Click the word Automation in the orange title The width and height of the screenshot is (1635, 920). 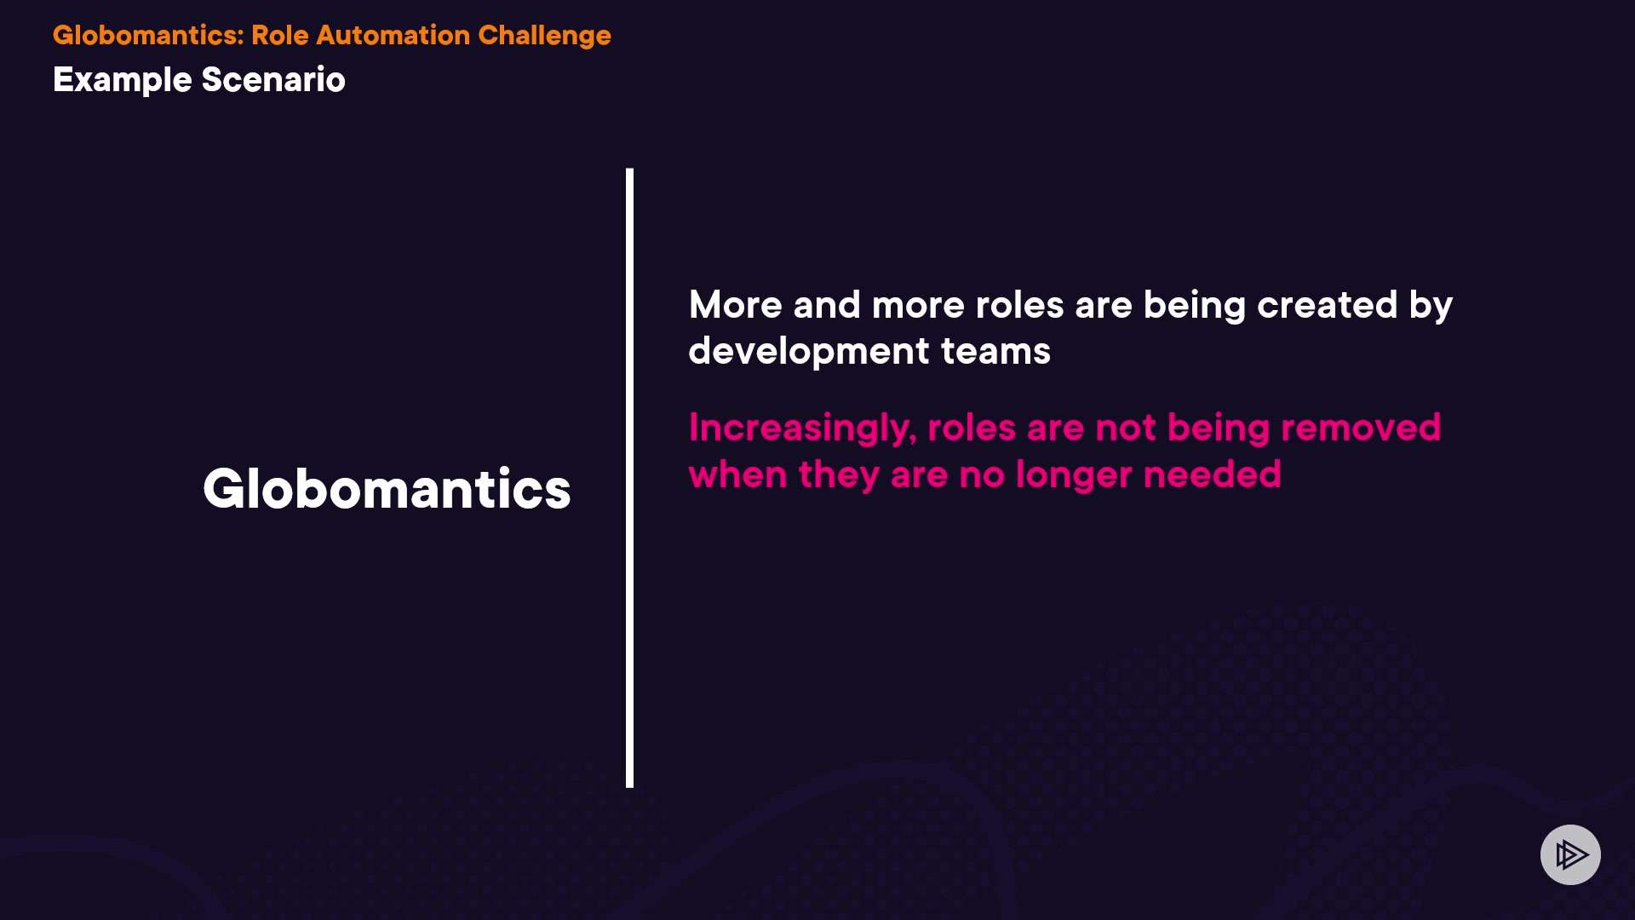[x=393, y=35]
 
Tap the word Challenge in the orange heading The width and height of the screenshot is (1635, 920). [x=544, y=36]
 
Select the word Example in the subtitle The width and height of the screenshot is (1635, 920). [x=123, y=80]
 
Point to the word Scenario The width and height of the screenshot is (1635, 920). [x=273, y=79]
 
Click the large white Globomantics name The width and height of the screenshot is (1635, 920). [x=387, y=489]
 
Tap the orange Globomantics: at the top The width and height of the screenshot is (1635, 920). [x=148, y=35]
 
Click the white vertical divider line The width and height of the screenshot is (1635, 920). [x=630, y=478]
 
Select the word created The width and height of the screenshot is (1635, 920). [x=1327, y=305]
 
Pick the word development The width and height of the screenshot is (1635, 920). [x=809, y=352]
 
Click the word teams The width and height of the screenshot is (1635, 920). [x=995, y=352]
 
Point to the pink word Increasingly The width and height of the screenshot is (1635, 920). [x=802, y=428]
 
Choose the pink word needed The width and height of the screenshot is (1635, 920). [x=1213, y=474]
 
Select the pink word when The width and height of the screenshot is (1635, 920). [x=737, y=474]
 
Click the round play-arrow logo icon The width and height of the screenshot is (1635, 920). [x=1570, y=854]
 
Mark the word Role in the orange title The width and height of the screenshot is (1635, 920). [x=280, y=35]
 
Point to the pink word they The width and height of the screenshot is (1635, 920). [x=839, y=475]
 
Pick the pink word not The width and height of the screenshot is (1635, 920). [x=1126, y=428]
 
